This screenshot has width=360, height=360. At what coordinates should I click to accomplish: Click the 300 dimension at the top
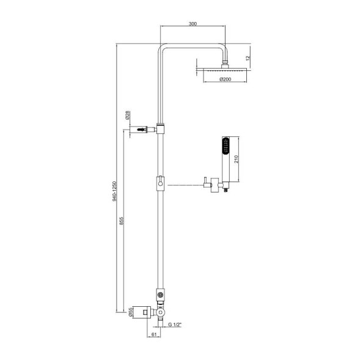click(x=193, y=23)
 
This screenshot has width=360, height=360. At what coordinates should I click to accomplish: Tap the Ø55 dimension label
click(x=130, y=312)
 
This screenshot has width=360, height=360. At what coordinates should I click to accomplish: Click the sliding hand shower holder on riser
click(x=160, y=183)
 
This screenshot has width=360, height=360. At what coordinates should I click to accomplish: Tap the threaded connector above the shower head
click(x=227, y=61)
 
